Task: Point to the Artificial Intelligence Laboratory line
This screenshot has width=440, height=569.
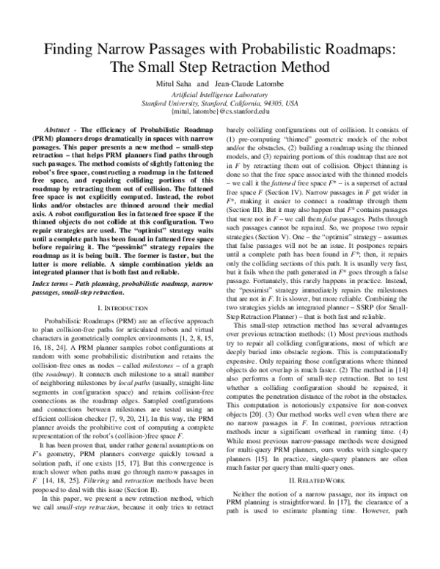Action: pos(219,95)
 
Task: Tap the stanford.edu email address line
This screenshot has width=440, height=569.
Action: pos(219,113)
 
